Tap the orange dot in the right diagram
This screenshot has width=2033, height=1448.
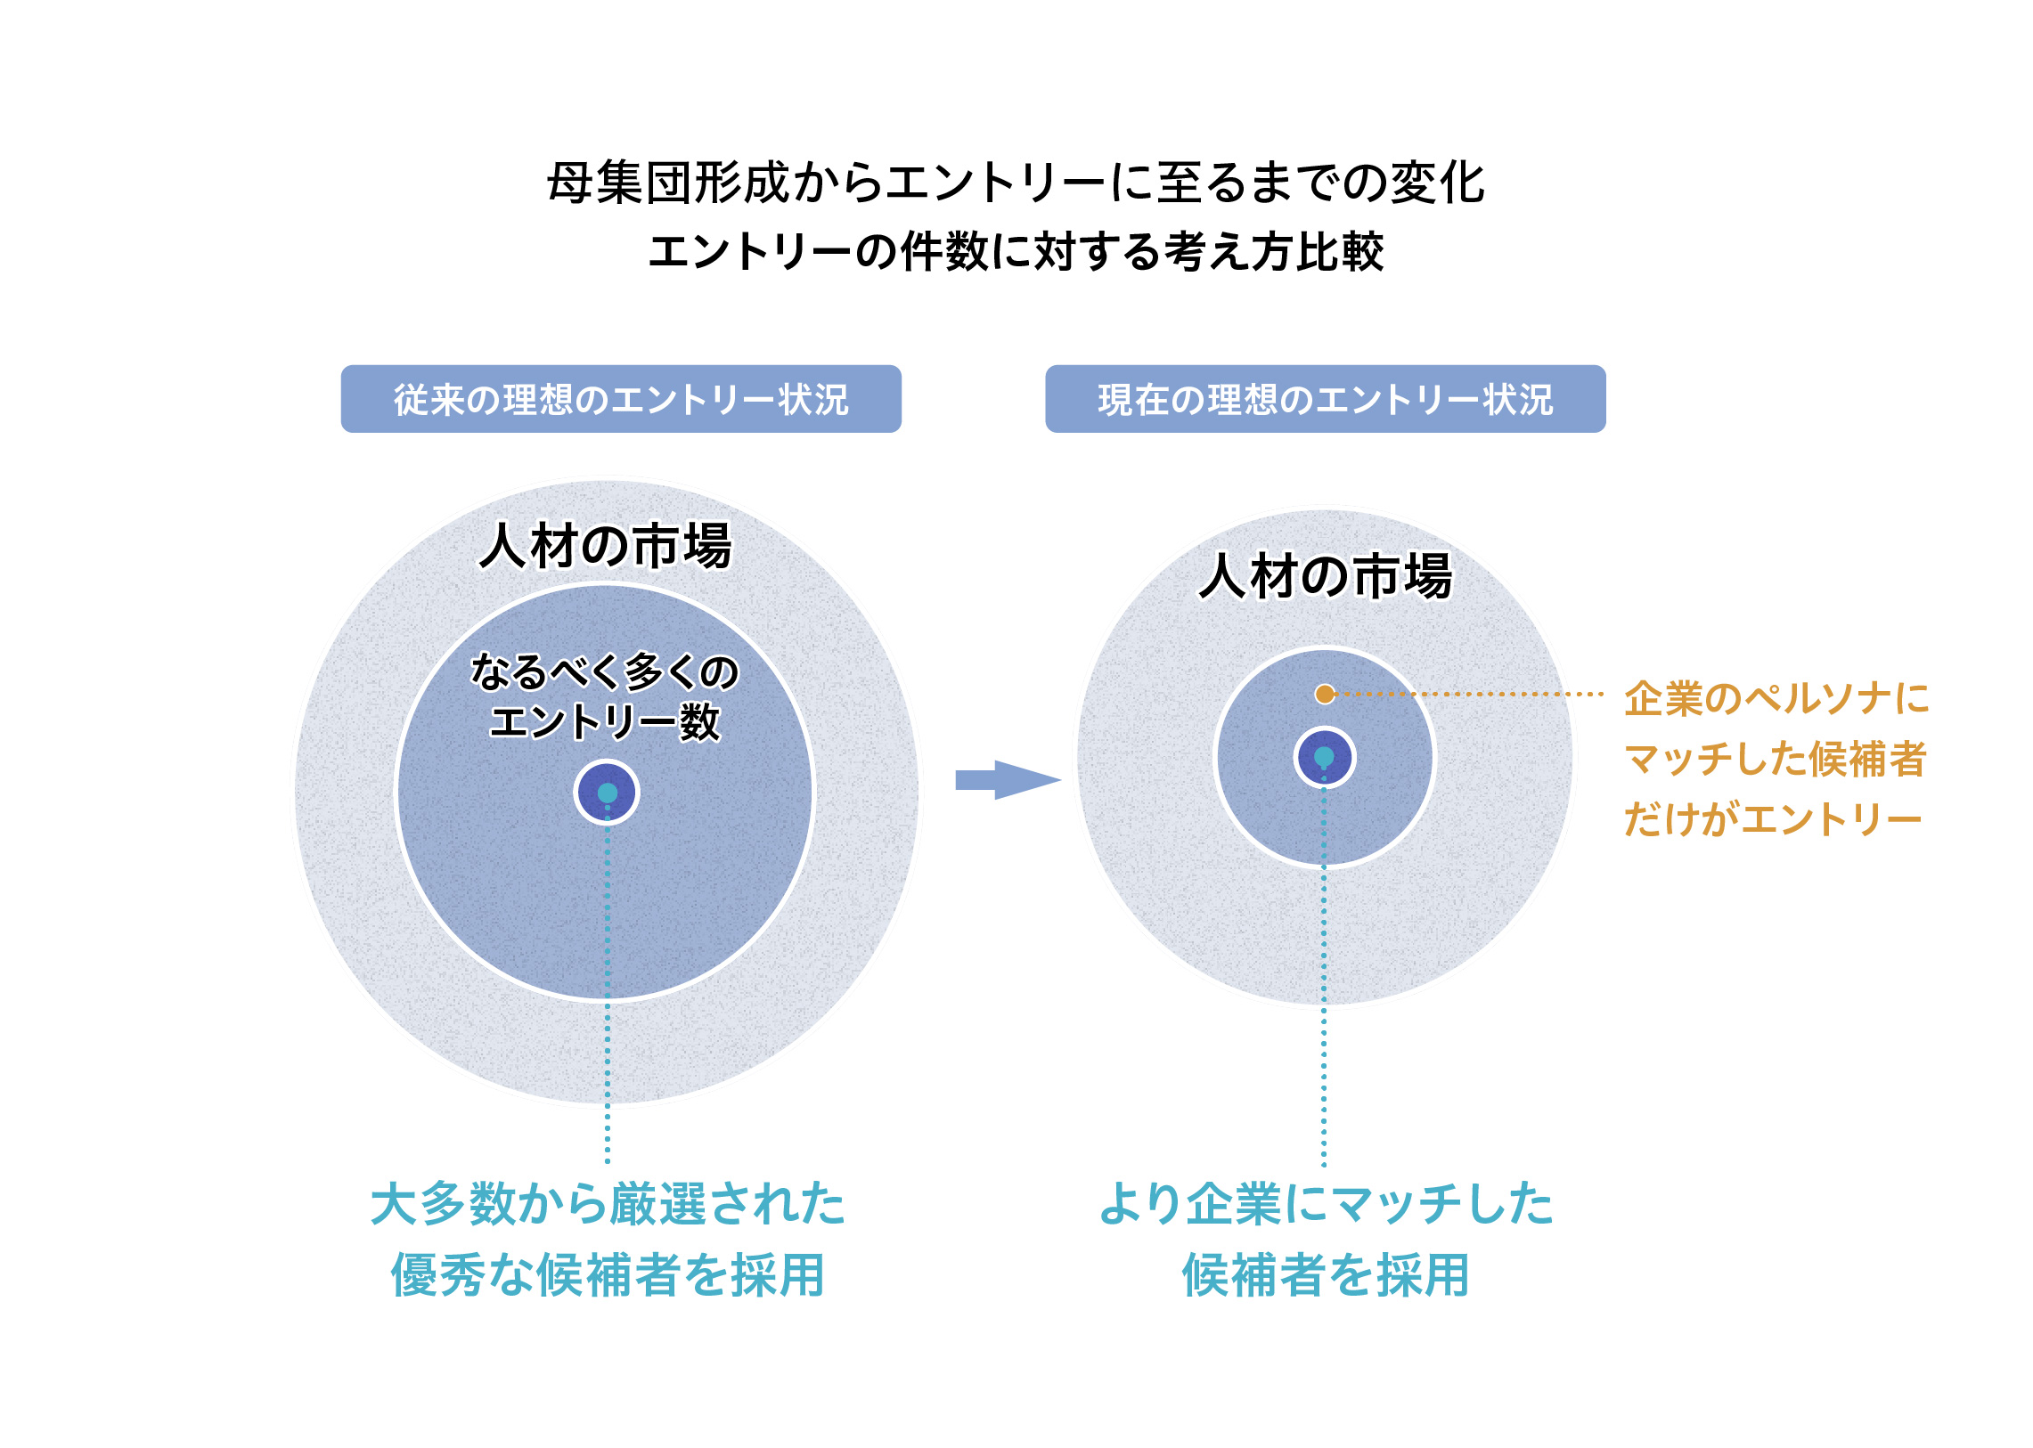click(x=1325, y=694)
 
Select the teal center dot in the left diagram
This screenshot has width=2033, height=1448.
click(x=608, y=793)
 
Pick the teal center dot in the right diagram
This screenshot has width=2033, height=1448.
click(x=1324, y=757)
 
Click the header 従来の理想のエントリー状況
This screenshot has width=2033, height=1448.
click(x=621, y=400)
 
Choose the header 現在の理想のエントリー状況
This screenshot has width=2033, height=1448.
click(x=1325, y=400)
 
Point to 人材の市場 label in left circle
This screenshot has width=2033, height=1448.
click(x=606, y=546)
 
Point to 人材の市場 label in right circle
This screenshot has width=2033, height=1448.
click(x=1326, y=576)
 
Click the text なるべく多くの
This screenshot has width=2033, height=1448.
click(x=605, y=671)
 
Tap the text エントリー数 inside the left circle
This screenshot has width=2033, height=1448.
click(x=605, y=721)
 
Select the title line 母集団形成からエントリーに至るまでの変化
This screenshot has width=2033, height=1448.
click(x=1016, y=183)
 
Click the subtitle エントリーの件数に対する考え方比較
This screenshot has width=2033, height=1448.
click(x=1016, y=251)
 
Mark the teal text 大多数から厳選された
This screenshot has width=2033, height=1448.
click(x=608, y=1204)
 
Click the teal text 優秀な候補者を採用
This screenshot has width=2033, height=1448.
click(x=608, y=1274)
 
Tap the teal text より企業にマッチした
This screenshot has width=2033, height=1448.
click(x=1326, y=1204)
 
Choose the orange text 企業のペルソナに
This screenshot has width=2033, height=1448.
click(x=1776, y=698)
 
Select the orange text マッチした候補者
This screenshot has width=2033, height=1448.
click(x=1776, y=759)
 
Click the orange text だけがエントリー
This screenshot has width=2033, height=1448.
click(x=1772, y=818)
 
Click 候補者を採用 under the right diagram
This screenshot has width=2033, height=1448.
click(x=1326, y=1274)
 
